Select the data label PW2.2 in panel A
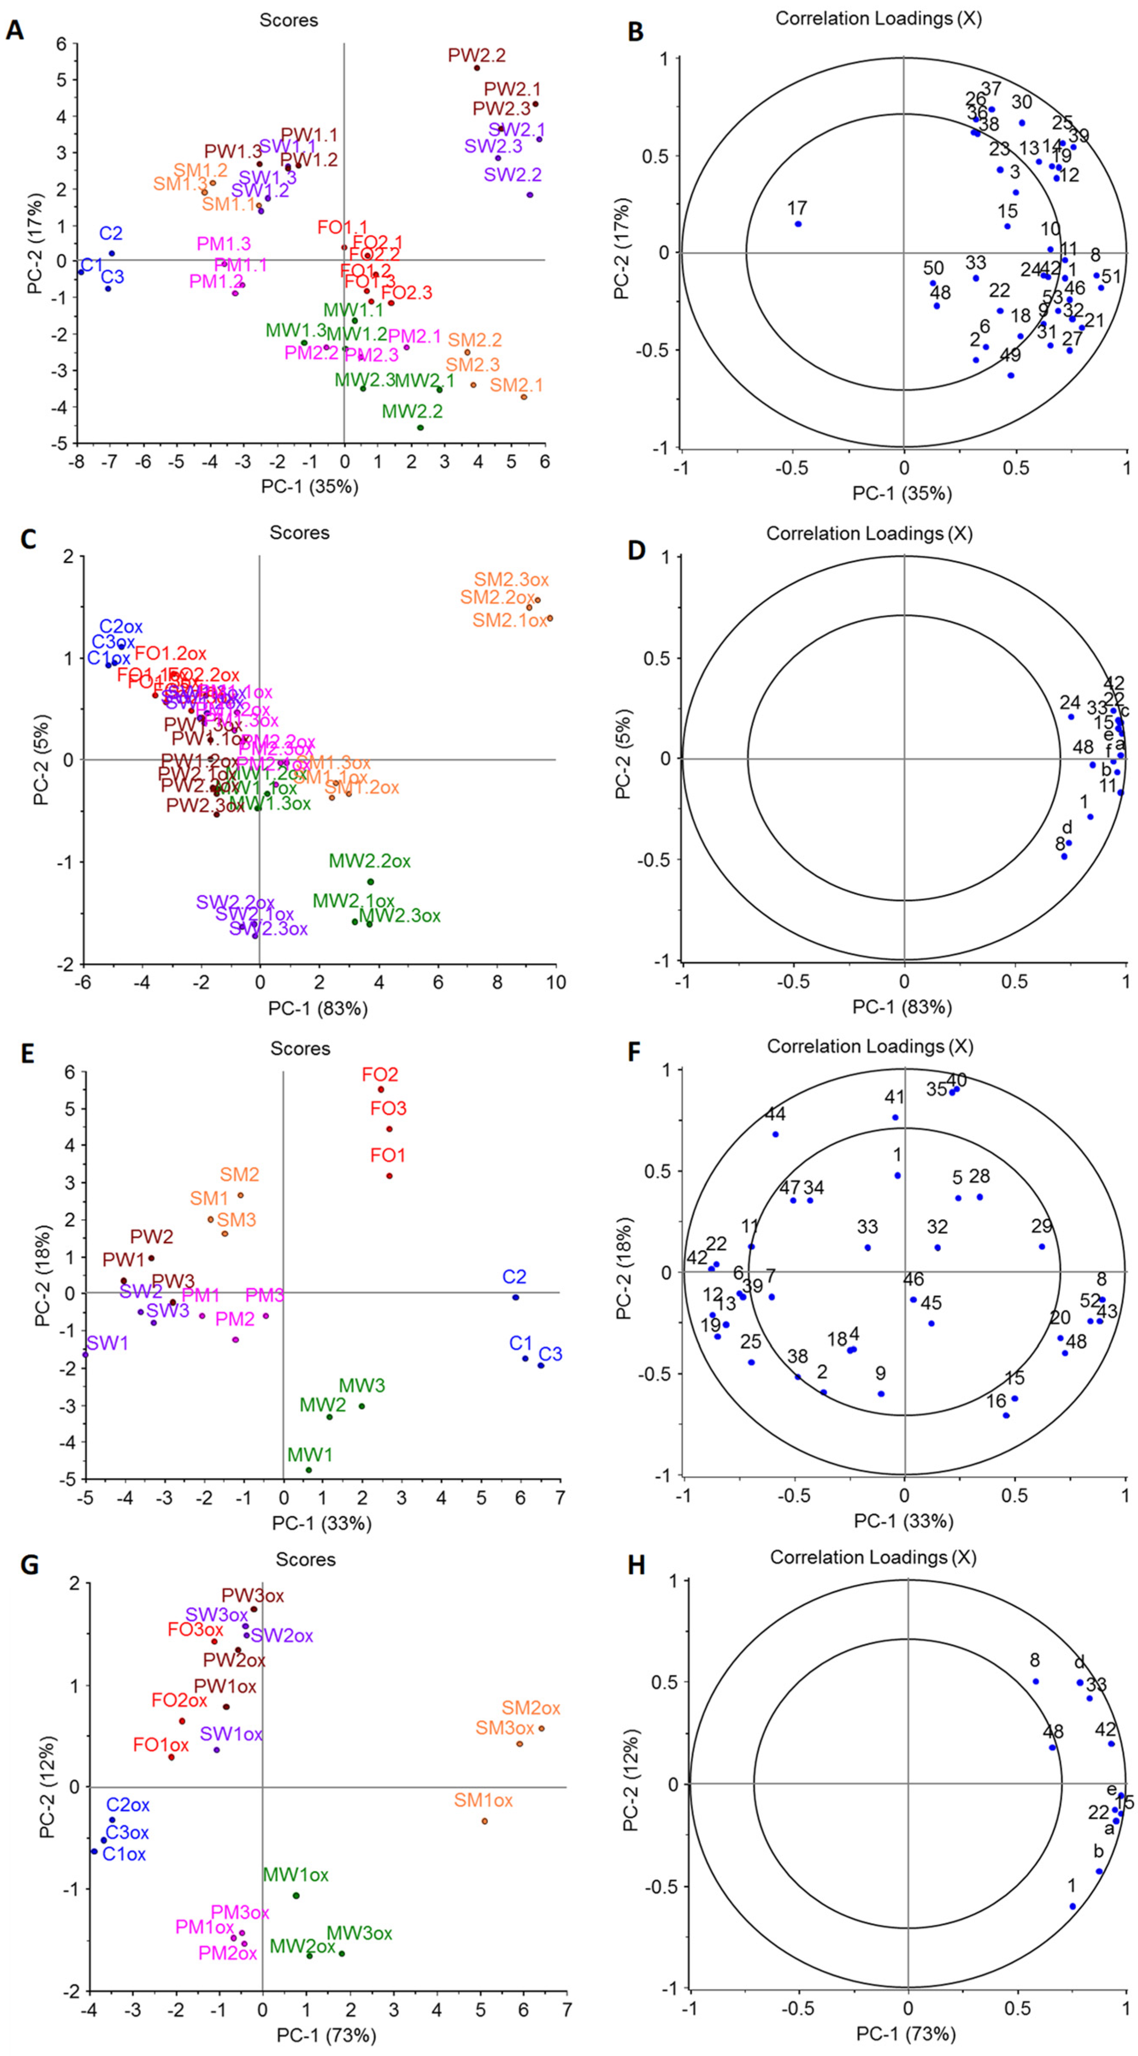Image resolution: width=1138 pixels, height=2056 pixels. click(x=476, y=56)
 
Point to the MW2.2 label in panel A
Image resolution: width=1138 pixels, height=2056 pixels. click(x=412, y=412)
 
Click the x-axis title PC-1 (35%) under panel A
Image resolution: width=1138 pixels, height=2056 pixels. click(x=310, y=486)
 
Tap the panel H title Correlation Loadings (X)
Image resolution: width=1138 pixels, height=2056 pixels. click(x=873, y=1557)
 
